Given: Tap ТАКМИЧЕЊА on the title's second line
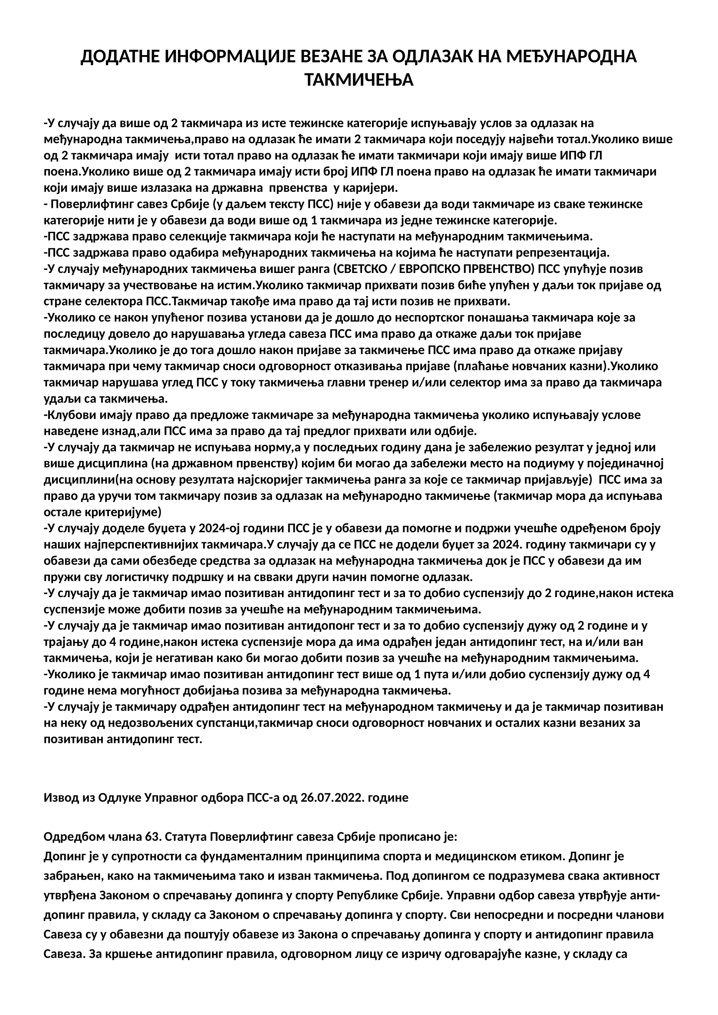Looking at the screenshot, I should click(359, 80).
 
